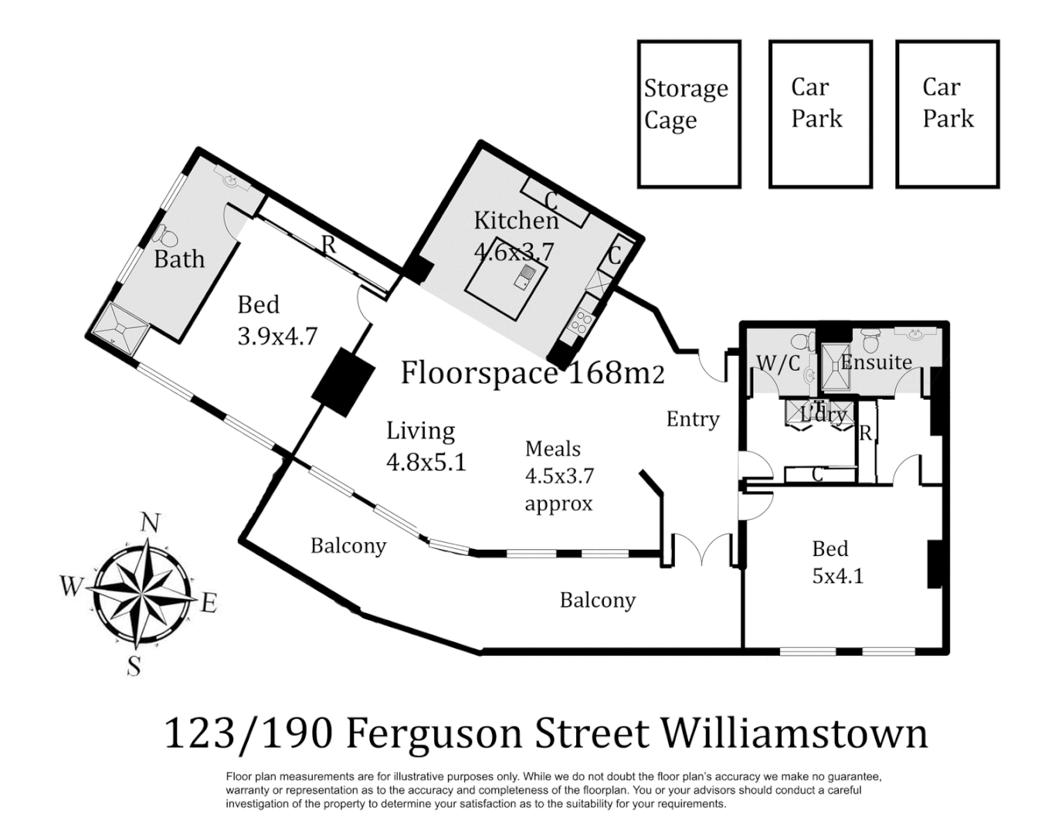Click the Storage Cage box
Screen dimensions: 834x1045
[688, 114]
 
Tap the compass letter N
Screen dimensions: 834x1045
[150, 524]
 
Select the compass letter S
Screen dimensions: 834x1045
[134, 665]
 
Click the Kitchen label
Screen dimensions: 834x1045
[516, 221]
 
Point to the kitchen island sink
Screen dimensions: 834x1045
[525, 276]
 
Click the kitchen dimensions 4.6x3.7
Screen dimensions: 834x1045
[514, 251]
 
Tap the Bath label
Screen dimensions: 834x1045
[179, 259]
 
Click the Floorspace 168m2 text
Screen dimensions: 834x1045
[531, 373]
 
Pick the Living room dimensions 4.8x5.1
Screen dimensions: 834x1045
[426, 462]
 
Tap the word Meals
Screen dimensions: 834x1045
[552, 449]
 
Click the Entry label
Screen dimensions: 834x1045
[693, 419]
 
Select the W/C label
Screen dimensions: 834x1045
[778, 363]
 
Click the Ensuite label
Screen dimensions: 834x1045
[876, 361]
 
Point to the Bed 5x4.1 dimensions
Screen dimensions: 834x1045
[837, 576]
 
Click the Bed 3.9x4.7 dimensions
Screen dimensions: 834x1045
[277, 336]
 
